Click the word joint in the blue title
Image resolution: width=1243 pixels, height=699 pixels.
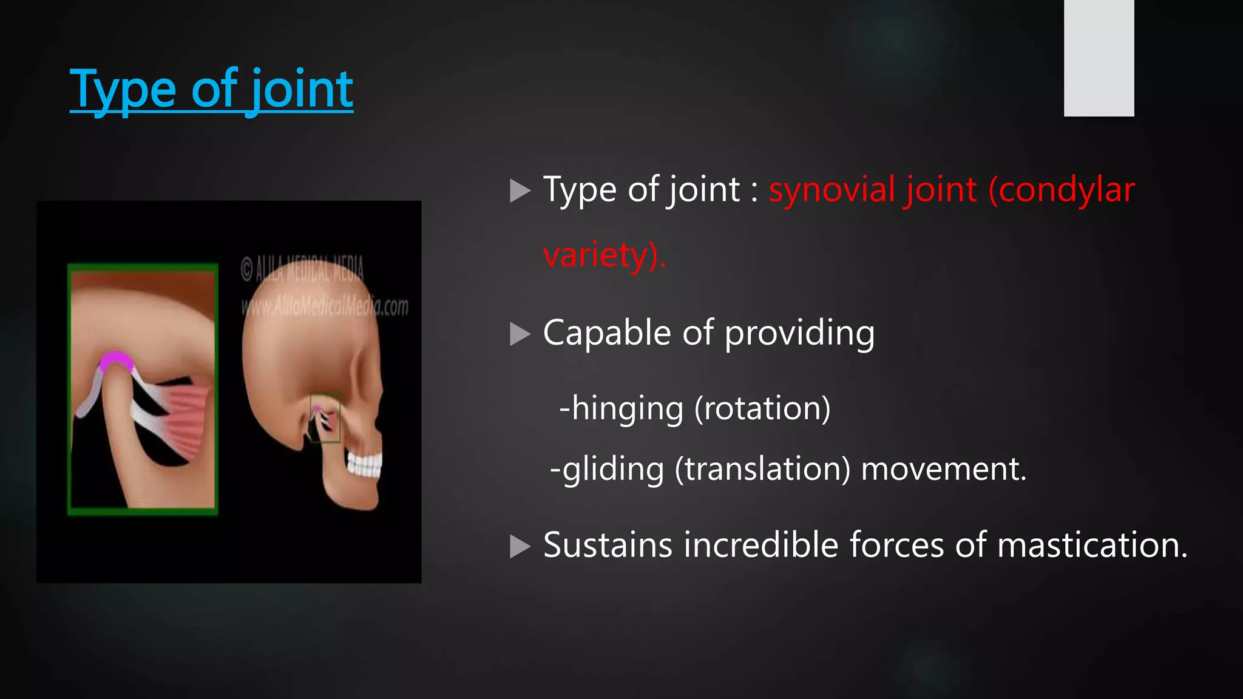click(302, 90)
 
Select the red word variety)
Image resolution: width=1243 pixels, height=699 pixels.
click(604, 255)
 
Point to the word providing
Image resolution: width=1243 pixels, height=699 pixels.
click(799, 333)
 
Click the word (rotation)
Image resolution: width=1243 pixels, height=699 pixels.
click(762, 408)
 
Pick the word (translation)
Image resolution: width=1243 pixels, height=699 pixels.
click(762, 469)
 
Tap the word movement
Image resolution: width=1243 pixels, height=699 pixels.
click(943, 469)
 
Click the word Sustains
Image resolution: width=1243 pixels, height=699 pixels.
click(608, 545)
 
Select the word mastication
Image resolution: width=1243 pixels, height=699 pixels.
click(1092, 545)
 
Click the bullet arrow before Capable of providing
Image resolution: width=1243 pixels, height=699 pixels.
click(520, 334)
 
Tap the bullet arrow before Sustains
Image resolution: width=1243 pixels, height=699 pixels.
click(520, 546)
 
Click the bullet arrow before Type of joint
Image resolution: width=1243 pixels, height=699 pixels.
click(520, 191)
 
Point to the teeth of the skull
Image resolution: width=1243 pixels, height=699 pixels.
click(364, 465)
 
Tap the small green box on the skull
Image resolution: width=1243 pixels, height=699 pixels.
click(325, 418)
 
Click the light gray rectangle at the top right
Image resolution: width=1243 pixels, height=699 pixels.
click(1099, 58)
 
